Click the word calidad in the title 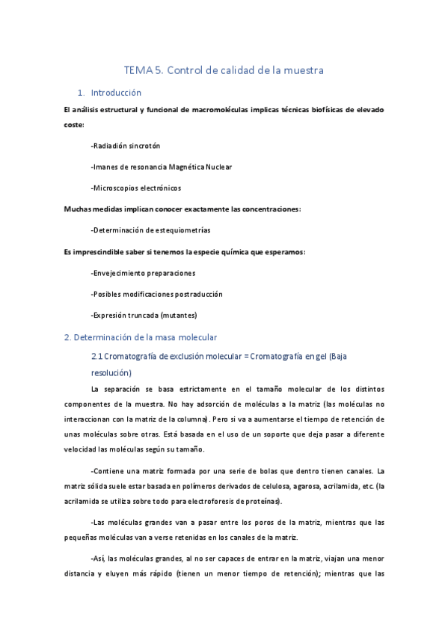coord(238,71)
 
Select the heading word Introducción coord(116,93)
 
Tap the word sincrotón coord(144,146)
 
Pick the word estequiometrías coord(179,230)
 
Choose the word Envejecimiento coord(123,273)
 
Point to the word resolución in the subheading coord(111,372)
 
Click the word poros coord(263,523)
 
